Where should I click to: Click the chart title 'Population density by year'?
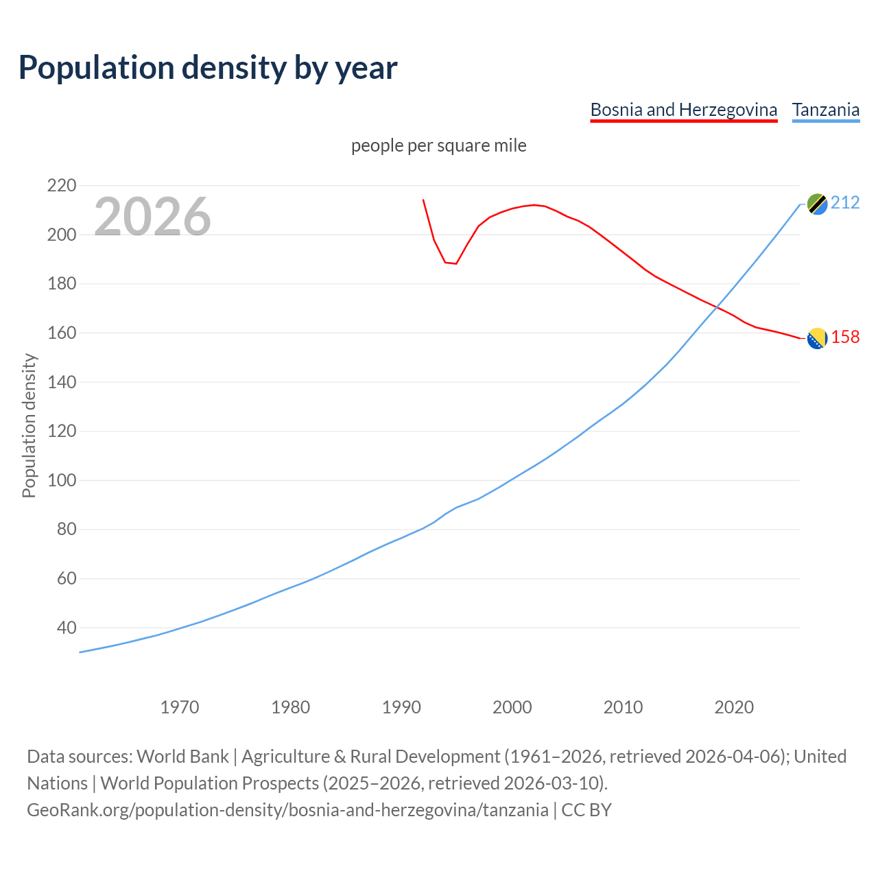coord(208,68)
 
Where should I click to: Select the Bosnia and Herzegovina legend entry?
coord(683,110)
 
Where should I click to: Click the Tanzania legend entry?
coord(825,110)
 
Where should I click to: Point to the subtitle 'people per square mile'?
coord(438,146)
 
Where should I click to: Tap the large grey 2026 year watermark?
coord(152,217)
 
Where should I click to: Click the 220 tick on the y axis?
coord(62,186)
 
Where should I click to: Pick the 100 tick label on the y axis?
coord(62,480)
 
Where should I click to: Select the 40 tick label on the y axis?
coord(66,628)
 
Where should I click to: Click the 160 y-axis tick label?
coord(62,333)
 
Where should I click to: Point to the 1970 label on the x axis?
coord(180,707)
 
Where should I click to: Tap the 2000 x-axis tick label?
coord(512,707)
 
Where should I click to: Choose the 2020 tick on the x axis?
coord(734,707)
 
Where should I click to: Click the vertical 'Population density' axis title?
coord(29,425)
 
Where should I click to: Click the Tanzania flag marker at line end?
coord(817,204)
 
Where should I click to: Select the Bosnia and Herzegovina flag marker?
coord(817,338)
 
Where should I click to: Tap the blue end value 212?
coord(845,203)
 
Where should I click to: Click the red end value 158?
coord(845,337)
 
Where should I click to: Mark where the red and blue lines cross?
coord(715,307)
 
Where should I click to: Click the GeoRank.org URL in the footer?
coord(287,810)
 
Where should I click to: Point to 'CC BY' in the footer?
coord(586,810)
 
